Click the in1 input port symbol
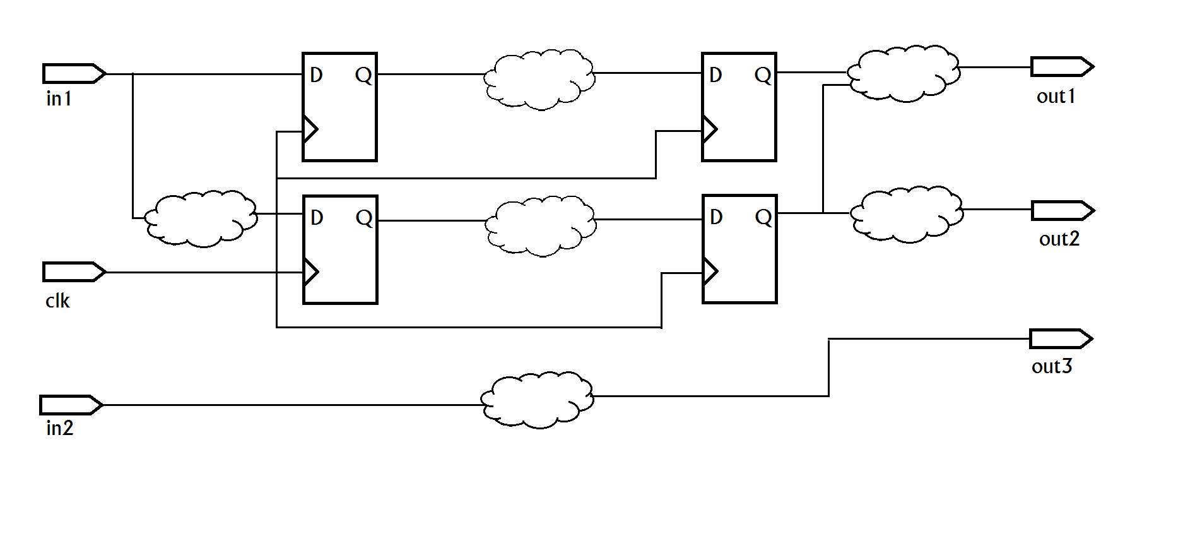(74, 73)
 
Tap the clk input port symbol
(74, 271)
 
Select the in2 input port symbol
(71, 405)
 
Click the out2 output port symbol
(1063, 210)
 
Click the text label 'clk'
(57, 301)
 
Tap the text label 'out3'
(1052, 366)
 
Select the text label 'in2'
(60, 428)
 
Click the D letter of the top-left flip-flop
(317, 75)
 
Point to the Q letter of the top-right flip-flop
(763, 76)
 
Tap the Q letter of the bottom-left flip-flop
(364, 218)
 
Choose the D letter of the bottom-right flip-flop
(716, 217)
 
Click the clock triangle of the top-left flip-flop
(310, 129)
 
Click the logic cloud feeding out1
(904, 74)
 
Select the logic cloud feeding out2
(907, 215)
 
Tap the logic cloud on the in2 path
(537, 400)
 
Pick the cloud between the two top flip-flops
(539, 80)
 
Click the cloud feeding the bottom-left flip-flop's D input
(201, 218)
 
